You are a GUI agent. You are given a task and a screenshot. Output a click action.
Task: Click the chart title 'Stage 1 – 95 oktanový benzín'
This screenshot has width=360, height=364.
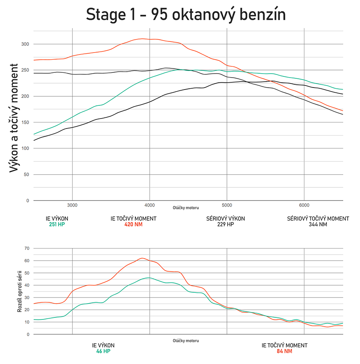pyautogui.click(x=186, y=15)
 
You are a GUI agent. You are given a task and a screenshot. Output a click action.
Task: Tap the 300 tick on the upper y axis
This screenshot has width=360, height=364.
pyautogui.click(x=25, y=44)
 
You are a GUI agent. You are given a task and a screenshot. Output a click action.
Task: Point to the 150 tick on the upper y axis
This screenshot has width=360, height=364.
pyautogui.click(x=25, y=122)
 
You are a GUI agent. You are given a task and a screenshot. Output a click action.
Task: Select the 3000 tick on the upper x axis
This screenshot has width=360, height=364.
pyautogui.click(x=72, y=205)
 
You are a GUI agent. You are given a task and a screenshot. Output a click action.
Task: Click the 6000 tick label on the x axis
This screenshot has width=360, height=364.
pyautogui.click(x=304, y=205)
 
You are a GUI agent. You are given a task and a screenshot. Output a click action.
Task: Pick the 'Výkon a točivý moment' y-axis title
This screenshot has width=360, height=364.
pyautogui.click(x=14, y=118)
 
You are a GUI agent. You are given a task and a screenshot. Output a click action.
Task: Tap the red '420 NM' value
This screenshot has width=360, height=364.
pyautogui.click(x=133, y=224)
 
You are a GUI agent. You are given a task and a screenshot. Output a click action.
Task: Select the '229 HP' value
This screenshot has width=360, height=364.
pyautogui.click(x=225, y=224)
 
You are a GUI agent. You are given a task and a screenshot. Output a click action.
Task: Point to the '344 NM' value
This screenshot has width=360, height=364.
pyautogui.click(x=318, y=224)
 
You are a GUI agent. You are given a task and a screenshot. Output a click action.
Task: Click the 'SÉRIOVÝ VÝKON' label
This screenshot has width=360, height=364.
pyautogui.click(x=225, y=218)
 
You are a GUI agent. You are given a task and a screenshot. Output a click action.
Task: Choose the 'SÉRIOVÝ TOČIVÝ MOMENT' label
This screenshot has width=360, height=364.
pyautogui.click(x=318, y=218)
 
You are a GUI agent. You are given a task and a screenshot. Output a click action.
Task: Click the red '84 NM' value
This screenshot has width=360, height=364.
pyautogui.click(x=285, y=351)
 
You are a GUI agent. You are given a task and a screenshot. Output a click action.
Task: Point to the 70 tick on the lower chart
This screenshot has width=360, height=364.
pyautogui.click(x=27, y=248)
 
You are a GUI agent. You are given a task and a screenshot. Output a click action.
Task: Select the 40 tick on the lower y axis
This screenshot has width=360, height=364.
pyautogui.click(x=27, y=285)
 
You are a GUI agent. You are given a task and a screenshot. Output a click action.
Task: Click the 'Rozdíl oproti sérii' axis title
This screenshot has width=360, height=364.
pyautogui.click(x=19, y=291)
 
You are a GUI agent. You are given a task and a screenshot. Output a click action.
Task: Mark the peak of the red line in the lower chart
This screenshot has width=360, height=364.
pyautogui.click(x=142, y=258)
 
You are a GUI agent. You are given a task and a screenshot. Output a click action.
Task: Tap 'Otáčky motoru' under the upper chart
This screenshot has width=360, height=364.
pyautogui.click(x=186, y=208)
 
